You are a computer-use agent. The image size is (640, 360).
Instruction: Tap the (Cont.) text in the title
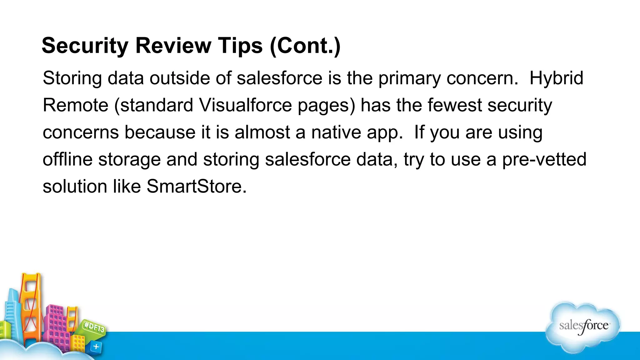305,46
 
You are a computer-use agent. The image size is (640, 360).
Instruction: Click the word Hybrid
556,78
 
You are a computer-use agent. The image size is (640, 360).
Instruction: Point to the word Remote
75,105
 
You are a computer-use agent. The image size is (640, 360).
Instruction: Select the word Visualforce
245,105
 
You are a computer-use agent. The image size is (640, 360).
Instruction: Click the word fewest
454,105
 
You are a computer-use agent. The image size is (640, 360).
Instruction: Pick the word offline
67,159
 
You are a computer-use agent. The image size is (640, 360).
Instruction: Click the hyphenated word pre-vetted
544,159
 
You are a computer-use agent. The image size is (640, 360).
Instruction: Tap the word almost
262,132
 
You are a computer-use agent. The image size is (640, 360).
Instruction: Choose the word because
160,132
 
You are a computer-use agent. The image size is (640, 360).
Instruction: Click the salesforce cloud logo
583,327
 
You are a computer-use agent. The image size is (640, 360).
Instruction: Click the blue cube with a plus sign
96,347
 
